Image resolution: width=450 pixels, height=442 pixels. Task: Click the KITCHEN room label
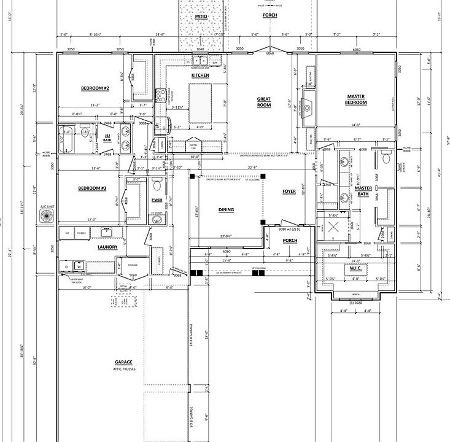(x=200, y=76)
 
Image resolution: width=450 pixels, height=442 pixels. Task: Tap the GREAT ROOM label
(x=264, y=101)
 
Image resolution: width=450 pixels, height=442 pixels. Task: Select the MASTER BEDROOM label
(x=356, y=99)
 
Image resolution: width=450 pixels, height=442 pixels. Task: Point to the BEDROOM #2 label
(x=95, y=88)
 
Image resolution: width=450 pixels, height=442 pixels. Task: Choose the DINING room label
(x=226, y=210)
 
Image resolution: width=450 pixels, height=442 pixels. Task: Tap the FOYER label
(x=289, y=192)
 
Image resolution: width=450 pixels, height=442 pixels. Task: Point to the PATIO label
(x=201, y=17)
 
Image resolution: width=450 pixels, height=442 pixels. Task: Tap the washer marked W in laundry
(x=79, y=267)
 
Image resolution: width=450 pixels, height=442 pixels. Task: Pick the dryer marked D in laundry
(x=66, y=267)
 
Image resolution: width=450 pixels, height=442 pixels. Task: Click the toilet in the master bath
(x=386, y=158)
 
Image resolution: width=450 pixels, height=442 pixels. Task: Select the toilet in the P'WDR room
(x=157, y=185)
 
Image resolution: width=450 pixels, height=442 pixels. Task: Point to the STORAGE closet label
(x=133, y=266)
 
